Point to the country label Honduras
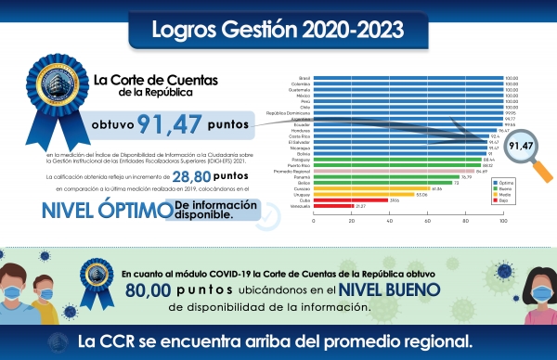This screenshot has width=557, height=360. pos(301,131)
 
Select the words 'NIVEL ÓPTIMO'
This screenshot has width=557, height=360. pos(82,209)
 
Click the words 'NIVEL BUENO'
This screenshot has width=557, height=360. pos(382,289)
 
